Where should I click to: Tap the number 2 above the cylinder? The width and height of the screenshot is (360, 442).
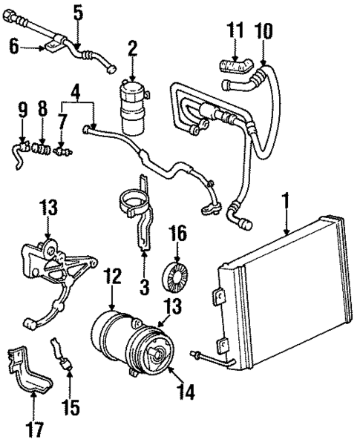click(132, 50)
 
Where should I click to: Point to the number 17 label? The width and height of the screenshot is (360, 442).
click(34, 428)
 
